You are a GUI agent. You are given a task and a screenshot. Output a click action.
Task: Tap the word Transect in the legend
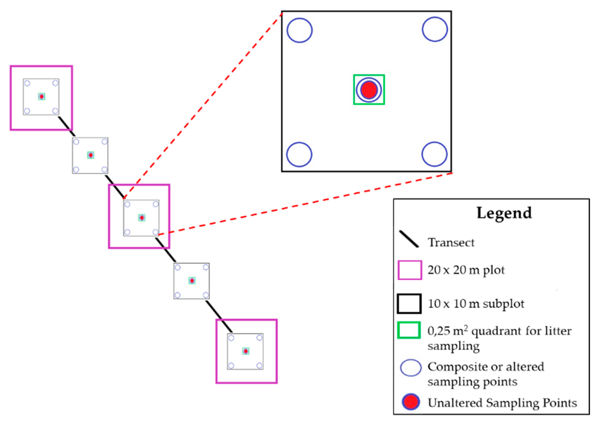click(451, 243)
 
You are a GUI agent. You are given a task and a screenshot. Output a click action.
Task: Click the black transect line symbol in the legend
click(408, 239)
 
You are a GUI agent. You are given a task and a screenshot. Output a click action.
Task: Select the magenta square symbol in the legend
click(410, 270)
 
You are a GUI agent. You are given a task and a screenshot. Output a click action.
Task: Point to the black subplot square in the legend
click(409, 304)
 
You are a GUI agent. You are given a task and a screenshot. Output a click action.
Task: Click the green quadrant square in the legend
click(409, 330)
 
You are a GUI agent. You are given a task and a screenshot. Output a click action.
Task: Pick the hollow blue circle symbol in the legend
click(411, 368)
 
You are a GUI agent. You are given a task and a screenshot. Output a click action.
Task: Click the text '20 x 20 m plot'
click(466, 270)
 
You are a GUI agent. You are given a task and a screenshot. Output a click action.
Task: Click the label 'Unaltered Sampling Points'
click(502, 403)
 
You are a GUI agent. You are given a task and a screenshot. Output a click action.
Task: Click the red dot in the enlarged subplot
click(369, 90)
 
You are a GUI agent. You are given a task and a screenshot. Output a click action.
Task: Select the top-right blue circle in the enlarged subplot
click(435, 29)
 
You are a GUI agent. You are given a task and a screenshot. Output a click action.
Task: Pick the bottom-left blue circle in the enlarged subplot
click(299, 155)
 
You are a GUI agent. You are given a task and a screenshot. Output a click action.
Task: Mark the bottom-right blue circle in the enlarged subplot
click(434, 154)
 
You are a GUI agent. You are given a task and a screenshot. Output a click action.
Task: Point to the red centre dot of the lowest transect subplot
click(245, 351)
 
